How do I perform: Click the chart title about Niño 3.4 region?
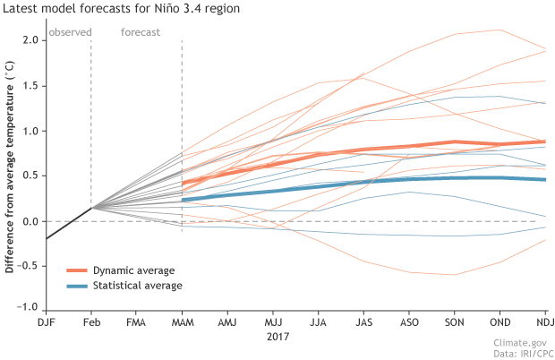124,10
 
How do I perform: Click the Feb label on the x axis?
91,321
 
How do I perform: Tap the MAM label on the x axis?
182,321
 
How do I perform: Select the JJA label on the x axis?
318,321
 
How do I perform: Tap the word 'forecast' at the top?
140,32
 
